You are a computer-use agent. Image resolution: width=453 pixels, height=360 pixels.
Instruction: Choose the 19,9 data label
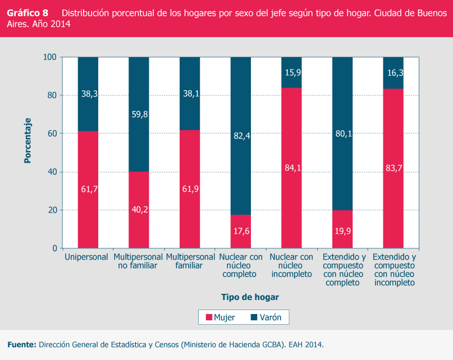342,229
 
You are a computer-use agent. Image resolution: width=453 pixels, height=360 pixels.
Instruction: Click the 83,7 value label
393,167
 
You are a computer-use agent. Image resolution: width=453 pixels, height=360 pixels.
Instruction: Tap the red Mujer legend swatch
209,317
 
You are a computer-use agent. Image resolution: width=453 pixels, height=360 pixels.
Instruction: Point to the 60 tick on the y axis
52,133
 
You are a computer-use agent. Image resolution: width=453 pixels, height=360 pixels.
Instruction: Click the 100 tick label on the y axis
50,57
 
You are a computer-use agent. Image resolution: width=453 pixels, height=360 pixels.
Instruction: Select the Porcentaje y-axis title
27,140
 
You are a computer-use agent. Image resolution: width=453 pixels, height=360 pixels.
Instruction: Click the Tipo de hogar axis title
250,297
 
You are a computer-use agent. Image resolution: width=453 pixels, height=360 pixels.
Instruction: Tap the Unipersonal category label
86,257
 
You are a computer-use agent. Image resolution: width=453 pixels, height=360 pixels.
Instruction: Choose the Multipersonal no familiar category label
138,261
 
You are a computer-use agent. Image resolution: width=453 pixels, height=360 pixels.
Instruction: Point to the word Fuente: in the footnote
21,344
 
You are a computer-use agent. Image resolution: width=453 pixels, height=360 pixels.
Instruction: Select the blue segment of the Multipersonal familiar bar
190,93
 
